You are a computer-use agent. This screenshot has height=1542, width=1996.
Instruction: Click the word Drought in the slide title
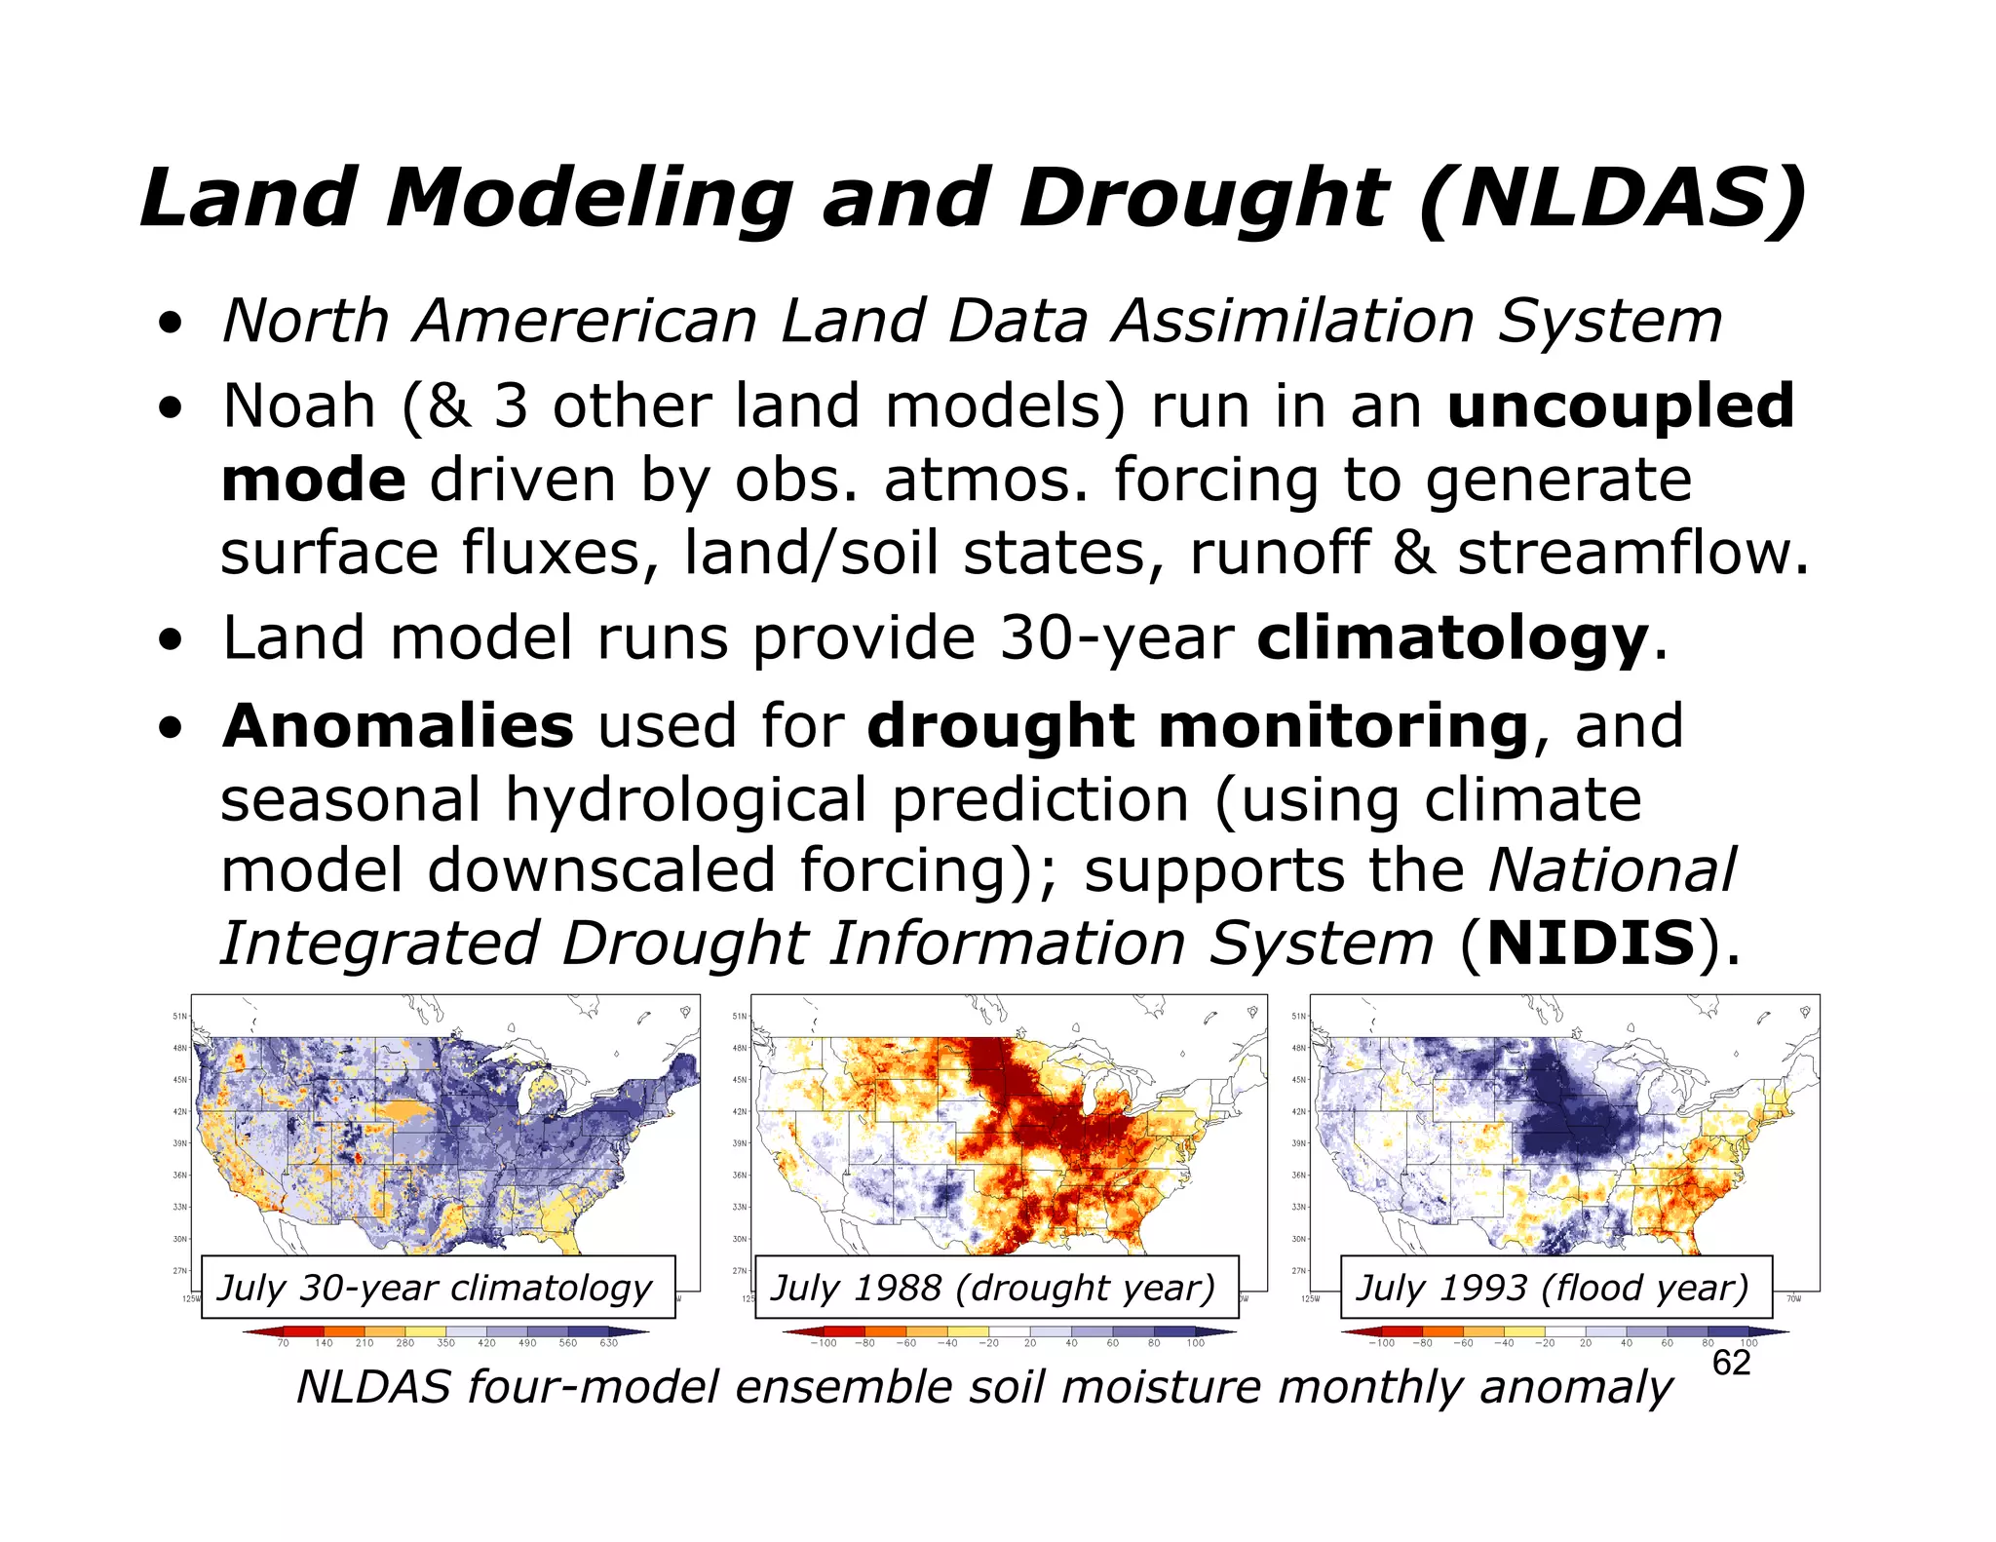[x=1203, y=200]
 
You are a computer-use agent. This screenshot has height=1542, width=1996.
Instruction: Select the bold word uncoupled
[x=1620, y=406]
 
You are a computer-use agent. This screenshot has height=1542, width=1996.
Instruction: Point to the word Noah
[x=298, y=406]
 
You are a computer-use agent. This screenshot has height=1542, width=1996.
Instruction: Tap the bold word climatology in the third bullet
[x=1452, y=639]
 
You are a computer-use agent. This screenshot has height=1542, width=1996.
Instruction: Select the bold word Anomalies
[x=398, y=726]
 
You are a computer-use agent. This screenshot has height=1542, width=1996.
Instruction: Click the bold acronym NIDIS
[x=1591, y=944]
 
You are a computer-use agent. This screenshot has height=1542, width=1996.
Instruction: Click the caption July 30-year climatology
[x=435, y=1288]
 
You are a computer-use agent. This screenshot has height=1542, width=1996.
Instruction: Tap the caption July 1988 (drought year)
[x=993, y=1288]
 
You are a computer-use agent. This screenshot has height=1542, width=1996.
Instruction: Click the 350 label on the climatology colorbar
[x=445, y=1343]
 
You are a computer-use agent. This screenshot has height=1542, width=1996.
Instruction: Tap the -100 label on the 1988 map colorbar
[x=824, y=1343]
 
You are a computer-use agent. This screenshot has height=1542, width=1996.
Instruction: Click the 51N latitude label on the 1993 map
[x=1298, y=1017]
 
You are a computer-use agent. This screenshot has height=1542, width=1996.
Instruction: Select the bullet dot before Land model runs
[x=172, y=641]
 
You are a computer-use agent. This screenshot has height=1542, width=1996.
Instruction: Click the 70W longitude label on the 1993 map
[x=1793, y=1298]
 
